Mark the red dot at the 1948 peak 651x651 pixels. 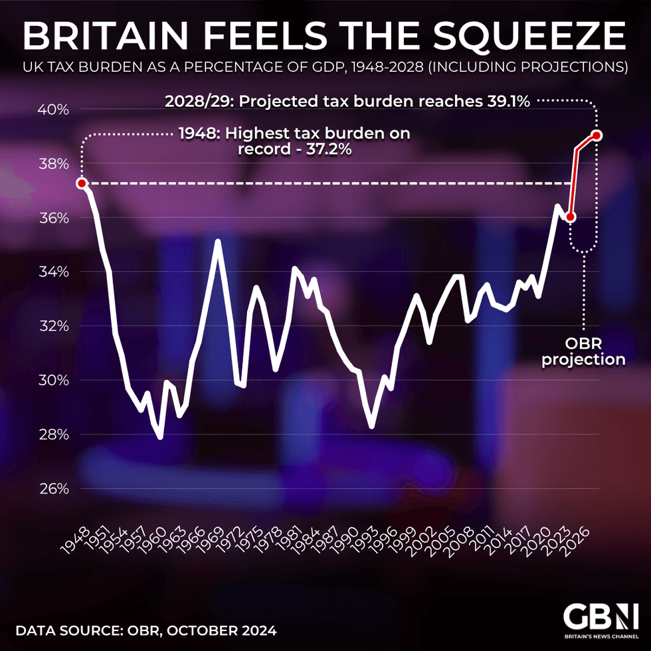point(82,183)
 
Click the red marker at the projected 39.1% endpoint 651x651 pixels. point(597,136)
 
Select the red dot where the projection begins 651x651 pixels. point(570,217)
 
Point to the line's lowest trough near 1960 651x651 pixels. point(160,436)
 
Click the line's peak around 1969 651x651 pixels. point(217,241)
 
